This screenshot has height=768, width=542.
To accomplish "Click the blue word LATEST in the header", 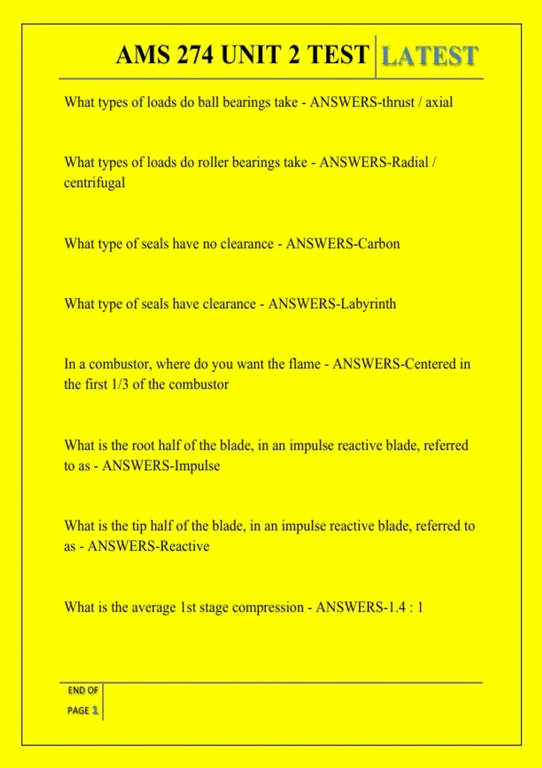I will tap(430, 56).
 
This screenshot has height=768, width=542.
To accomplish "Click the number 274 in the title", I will tap(195, 55).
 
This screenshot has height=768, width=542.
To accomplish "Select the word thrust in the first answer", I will tap(397, 103).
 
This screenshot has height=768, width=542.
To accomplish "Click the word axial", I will tap(439, 103).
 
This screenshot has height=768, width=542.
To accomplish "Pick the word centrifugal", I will tap(94, 183).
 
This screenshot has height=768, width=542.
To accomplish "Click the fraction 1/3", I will tap(120, 384).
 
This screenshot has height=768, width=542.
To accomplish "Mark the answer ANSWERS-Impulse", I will tap(161, 466).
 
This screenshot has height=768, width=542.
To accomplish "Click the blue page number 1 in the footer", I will tap(95, 710).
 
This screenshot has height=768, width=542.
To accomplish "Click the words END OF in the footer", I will tap(83, 690).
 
